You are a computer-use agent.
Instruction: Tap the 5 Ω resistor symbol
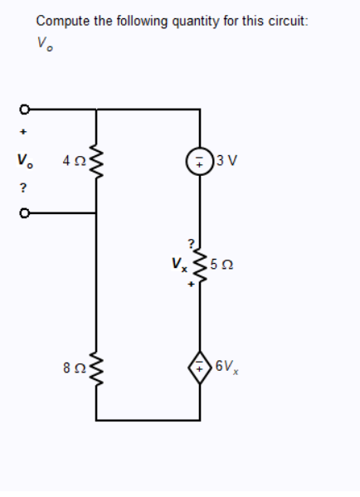point(199,264)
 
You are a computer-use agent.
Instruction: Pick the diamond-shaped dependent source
point(200,365)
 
